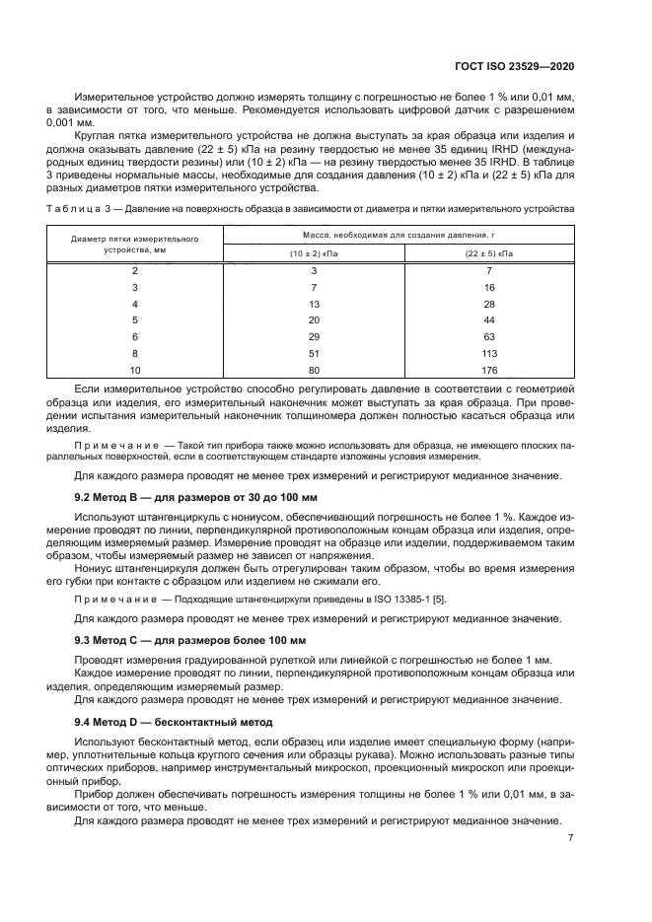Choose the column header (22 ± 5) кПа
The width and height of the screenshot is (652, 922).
pos(489,253)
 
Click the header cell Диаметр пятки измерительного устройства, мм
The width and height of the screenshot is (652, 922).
pos(135,245)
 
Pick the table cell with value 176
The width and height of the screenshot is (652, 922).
pos(489,370)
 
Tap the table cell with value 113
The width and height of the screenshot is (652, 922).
pos(489,353)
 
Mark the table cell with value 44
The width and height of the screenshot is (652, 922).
pos(489,319)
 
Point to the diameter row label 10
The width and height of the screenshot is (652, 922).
pos(135,370)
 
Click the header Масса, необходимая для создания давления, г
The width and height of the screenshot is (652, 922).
pos(399,236)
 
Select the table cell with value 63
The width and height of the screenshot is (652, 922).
pos(489,336)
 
